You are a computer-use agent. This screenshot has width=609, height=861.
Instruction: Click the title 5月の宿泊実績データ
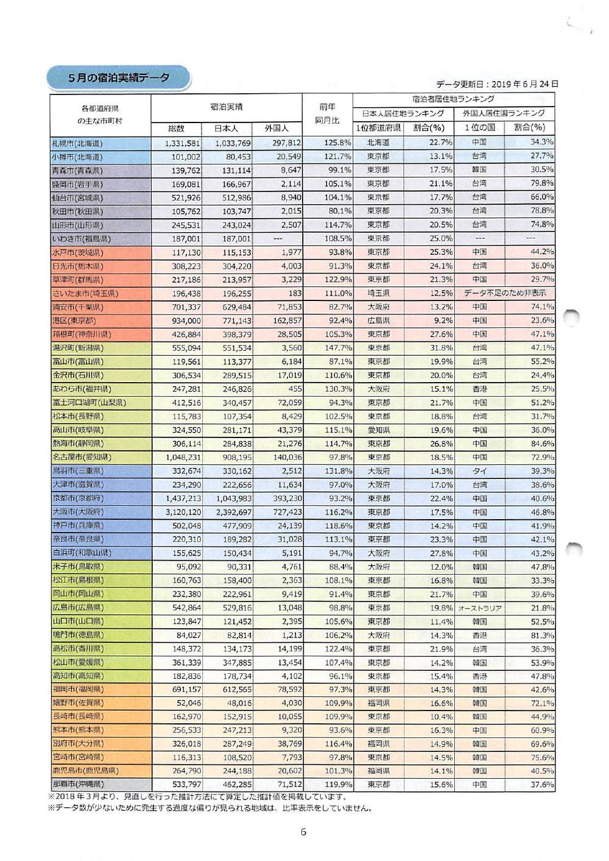[x=119, y=78]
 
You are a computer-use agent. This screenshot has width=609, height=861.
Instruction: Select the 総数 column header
[x=176, y=129]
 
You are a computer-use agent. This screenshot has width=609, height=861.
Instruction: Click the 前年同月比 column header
[x=327, y=113]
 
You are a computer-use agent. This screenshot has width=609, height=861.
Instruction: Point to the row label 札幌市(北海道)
[x=77, y=143]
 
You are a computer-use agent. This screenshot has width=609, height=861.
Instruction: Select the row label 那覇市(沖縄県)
[x=77, y=784]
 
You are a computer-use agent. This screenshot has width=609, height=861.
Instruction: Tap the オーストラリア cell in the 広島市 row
[x=479, y=608]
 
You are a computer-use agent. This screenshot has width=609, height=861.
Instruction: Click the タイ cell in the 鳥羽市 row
[x=479, y=471]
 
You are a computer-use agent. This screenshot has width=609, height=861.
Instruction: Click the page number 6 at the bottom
[x=303, y=832]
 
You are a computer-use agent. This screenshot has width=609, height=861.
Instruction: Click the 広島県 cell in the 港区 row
[x=378, y=321]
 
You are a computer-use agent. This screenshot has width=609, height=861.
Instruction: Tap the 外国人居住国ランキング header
[x=504, y=113]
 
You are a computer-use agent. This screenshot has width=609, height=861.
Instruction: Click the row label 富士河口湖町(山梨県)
[x=89, y=403]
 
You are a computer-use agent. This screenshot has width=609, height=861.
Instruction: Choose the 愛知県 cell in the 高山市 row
[x=378, y=430]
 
